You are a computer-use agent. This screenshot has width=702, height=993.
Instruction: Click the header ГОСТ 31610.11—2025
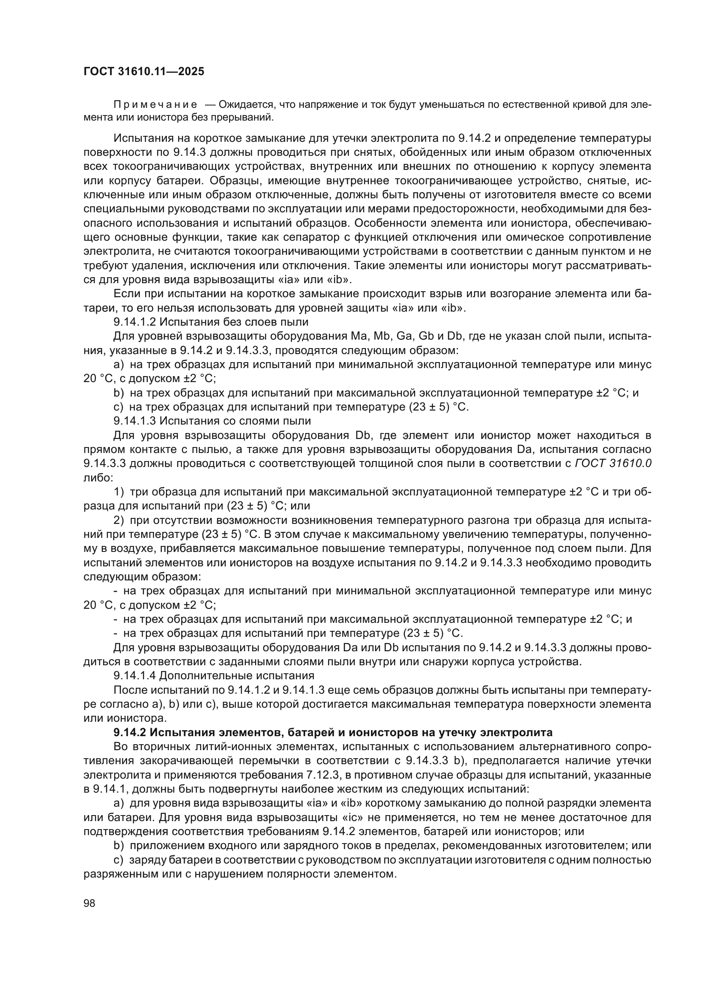pos(143,72)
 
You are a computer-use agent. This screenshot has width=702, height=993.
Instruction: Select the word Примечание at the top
pos(155,105)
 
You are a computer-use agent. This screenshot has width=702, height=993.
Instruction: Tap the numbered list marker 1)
pos(119,492)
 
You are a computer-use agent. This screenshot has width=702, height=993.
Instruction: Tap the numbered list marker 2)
pos(119,520)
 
